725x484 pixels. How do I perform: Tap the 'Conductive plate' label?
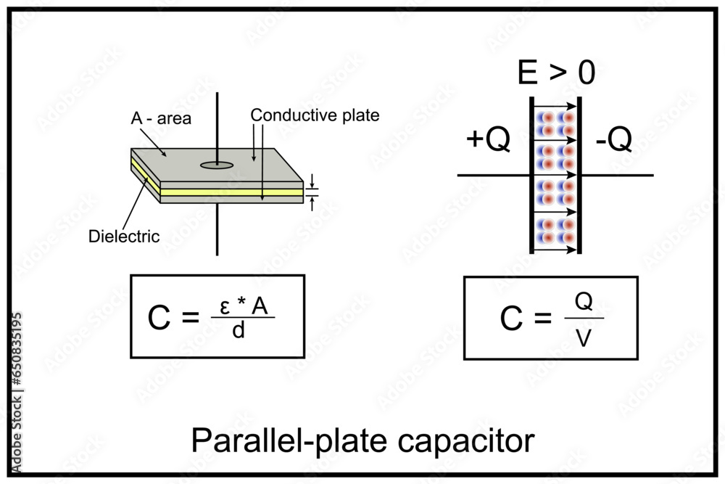[315, 115]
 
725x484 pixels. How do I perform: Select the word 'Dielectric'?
[124, 236]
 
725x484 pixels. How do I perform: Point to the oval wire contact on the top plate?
[217, 165]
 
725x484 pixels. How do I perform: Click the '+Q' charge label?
[489, 141]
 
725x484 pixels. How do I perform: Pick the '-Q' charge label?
[613, 141]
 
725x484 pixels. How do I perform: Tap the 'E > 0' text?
[557, 73]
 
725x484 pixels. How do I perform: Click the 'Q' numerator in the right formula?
[584, 303]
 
